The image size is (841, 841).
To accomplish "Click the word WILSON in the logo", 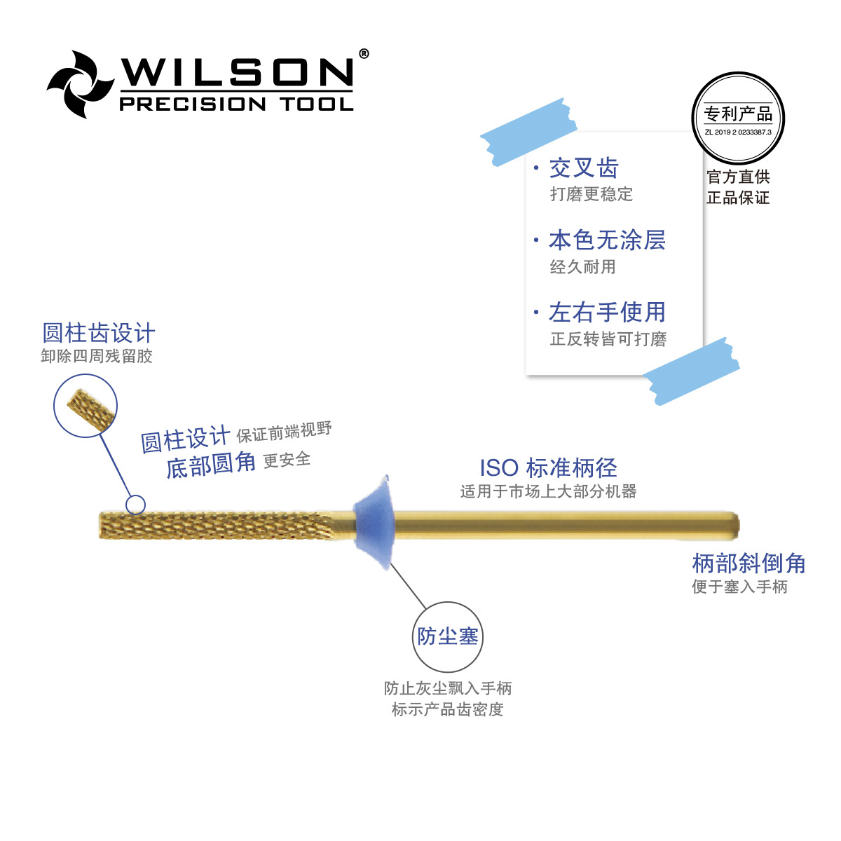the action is tap(236, 72).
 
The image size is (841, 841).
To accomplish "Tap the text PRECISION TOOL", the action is tap(236, 104).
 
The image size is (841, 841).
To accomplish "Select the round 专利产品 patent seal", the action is tap(738, 118).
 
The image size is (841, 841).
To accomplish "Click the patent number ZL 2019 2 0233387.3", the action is tap(738, 132).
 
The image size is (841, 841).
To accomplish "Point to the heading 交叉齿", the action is tap(583, 168).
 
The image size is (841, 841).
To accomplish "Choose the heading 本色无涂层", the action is tap(607, 240).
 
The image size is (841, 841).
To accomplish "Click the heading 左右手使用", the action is tap(607, 313).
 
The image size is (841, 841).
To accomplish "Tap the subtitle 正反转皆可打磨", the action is tap(608, 339).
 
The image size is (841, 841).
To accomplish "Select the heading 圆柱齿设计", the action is tap(99, 333).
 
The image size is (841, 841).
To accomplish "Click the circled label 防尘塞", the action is tap(448, 636).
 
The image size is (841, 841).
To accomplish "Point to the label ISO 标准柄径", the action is tap(548, 467).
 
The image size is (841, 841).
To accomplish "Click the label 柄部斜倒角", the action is tap(748, 563).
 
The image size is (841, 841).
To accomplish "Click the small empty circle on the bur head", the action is tap(135, 505).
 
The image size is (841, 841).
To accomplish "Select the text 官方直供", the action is tap(738, 177).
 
